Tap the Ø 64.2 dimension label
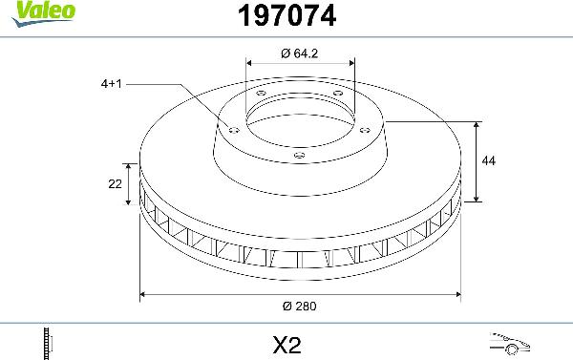(x=300, y=53)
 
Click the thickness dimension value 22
(x=115, y=184)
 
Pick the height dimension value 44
(x=489, y=161)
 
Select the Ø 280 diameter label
(x=300, y=306)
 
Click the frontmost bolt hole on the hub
(x=299, y=155)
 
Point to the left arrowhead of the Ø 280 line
(x=144, y=295)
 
